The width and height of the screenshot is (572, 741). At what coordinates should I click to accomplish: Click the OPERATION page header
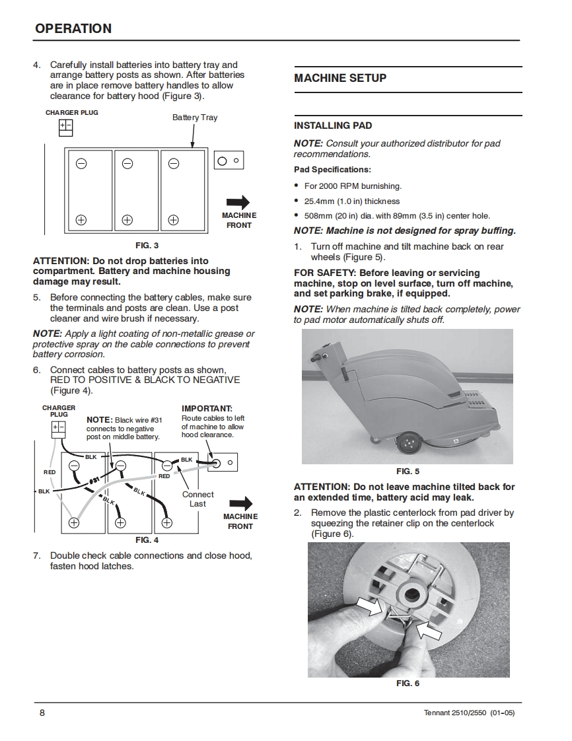click(x=73, y=28)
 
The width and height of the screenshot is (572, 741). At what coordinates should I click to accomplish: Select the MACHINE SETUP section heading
click(x=340, y=78)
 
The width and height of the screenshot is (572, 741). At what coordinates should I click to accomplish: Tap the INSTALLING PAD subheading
click(x=333, y=125)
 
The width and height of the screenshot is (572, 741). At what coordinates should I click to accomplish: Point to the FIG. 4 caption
click(x=147, y=540)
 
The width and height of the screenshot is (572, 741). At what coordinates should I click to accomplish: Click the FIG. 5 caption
click(x=408, y=472)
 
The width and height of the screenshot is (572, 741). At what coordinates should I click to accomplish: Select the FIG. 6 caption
click(x=408, y=684)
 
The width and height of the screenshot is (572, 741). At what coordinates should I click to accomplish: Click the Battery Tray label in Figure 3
click(x=195, y=118)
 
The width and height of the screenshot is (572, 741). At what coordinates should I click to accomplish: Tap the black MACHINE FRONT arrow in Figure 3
click(x=237, y=203)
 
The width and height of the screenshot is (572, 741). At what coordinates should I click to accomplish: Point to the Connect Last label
click(x=197, y=499)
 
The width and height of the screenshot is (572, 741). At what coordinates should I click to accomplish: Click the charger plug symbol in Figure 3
click(x=66, y=127)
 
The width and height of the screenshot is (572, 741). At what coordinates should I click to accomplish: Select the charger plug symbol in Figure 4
click(x=59, y=428)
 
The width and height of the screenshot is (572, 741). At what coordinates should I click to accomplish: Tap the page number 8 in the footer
click(x=42, y=713)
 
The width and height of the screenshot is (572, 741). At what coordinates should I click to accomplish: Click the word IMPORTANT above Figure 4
click(x=207, y=409)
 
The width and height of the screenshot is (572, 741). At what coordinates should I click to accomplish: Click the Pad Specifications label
click(x=332, y=170)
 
